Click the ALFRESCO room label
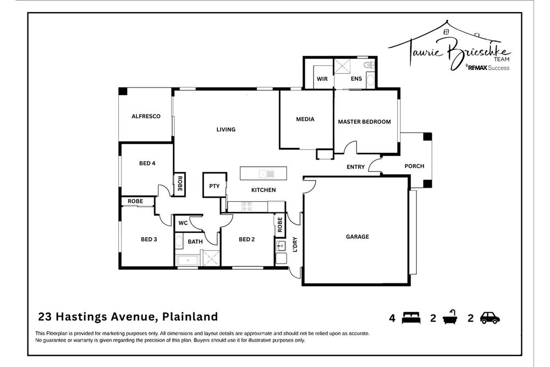point(146,116)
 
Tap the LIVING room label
point(226,130)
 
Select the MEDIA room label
point(305,119)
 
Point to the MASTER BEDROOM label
point(364,122)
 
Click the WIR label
point(322,79)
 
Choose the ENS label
point(356,79)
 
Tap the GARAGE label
point(357,237)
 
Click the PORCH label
point(414,166)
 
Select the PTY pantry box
point(215,186)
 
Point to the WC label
point(183,223)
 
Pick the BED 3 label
point(149,239)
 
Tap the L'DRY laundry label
point(295,244)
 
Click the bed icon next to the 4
point(411,317)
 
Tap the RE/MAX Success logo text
point(487,68)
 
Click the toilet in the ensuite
point(371,66)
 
